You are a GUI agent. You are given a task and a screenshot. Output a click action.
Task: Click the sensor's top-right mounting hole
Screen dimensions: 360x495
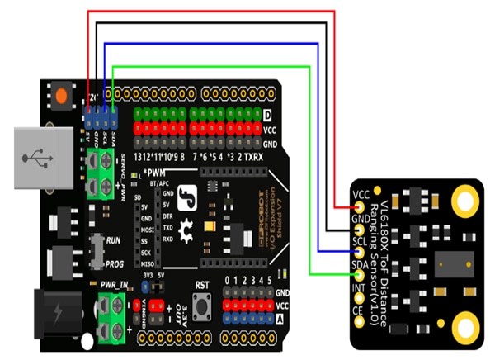click(466, 201)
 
